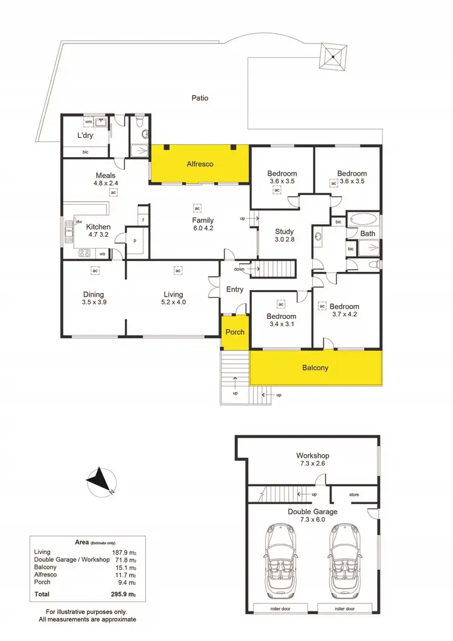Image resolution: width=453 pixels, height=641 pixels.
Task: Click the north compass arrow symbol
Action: [x=100, y=482]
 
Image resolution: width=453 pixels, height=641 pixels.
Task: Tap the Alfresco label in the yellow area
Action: [x=200, y=164]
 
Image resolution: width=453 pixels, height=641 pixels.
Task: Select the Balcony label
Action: [x=315, y=367]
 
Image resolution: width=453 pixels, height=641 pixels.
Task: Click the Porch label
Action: [x=235, y=332]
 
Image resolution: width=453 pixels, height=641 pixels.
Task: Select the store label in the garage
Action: [x=355, y=495]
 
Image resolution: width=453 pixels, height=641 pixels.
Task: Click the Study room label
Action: [x=284, y=231]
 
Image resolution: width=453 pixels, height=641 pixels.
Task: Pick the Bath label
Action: [x=368, y=233]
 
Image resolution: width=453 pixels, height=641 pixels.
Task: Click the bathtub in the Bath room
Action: [x=364, y=219]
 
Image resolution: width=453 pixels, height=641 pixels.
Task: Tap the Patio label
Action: [x=200, y=97]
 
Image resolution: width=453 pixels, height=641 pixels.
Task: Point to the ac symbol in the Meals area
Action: [x=113, y=192]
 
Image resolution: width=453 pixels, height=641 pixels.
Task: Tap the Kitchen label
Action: [x=98, y=227]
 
